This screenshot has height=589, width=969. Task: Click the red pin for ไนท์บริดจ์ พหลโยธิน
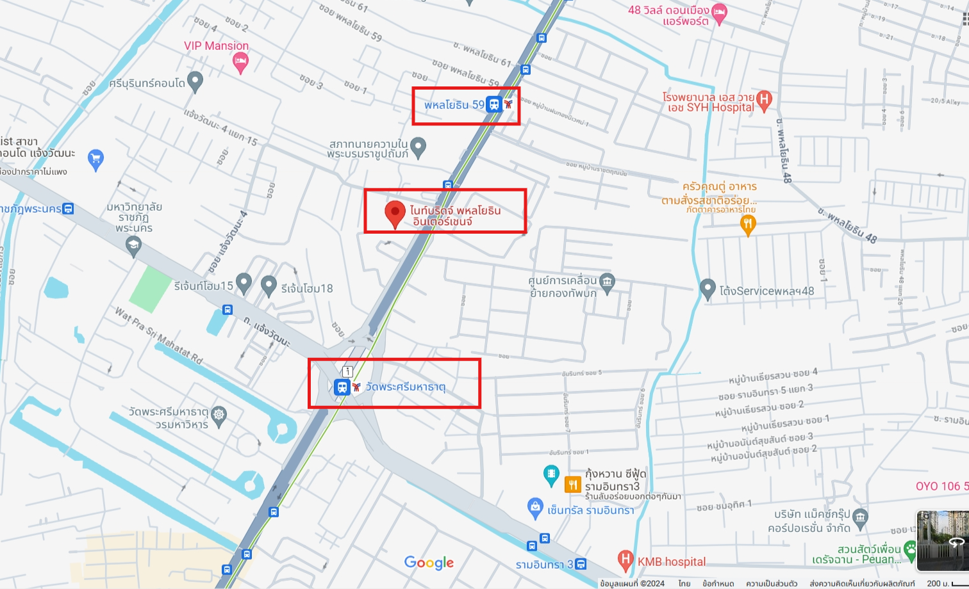395,213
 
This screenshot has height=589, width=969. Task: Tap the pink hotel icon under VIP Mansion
240,61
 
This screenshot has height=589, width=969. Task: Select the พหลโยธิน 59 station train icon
493,104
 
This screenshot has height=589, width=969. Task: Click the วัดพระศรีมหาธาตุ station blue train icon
342,387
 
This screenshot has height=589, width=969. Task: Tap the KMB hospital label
671,561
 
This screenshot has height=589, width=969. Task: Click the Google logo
429,562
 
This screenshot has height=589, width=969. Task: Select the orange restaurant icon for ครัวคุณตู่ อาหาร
747,224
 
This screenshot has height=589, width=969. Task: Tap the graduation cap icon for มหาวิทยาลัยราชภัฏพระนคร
133,245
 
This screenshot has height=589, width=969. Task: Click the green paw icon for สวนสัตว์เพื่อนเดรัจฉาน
910,549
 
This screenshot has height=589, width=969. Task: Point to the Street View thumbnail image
942,541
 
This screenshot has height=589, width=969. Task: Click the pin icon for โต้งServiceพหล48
707,289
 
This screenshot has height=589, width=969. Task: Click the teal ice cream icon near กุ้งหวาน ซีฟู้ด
551,474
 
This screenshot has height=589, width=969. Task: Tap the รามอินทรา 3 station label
544,565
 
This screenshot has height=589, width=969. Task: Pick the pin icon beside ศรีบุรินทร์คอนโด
195,81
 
